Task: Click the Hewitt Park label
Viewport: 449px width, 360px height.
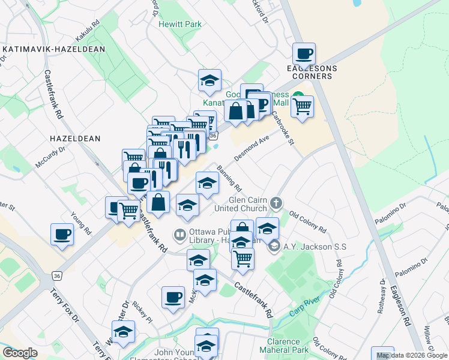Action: click(x=180, y=25)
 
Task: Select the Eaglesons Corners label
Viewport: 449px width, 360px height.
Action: click(x=312, y=73)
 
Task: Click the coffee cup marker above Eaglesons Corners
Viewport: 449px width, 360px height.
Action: click(x=304, y=54)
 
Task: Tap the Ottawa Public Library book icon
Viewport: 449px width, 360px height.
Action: click(x=179, y=235)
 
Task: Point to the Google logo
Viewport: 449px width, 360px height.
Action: click(x=20, y=353)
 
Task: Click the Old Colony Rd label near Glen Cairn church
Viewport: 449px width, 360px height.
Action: click(x=307, y=221)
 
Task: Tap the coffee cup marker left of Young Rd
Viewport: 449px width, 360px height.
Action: click(x=62, y=234)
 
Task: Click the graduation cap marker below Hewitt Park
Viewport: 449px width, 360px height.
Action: click(x=209, y=81)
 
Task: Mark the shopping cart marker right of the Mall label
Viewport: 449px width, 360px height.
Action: click(x=302, y=107)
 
